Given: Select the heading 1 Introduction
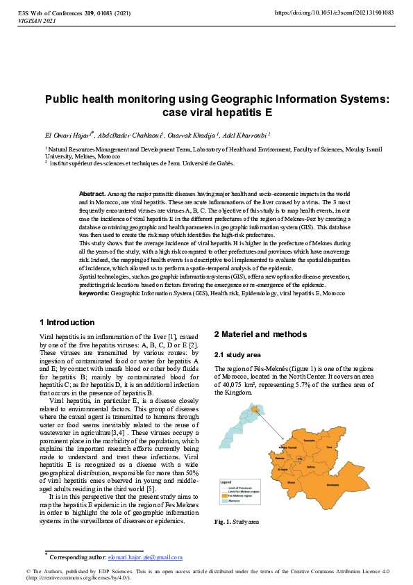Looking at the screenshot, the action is tap(67, 322).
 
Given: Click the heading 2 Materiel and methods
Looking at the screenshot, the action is tap(260, 334).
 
